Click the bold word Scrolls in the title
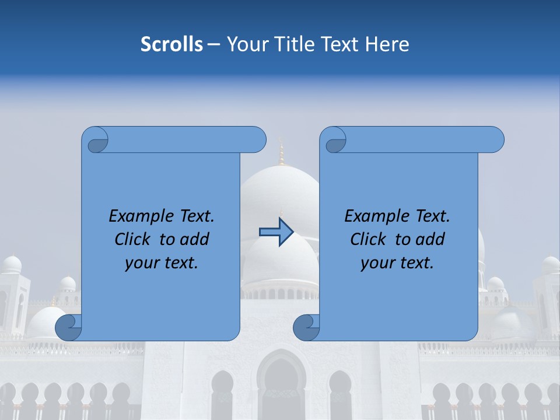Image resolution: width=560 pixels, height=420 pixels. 171,44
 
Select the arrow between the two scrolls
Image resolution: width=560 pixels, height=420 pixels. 276,232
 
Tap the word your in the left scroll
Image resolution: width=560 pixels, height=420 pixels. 141,263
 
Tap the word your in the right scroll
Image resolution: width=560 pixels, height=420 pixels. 377,263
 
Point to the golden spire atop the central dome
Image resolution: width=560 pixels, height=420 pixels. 282,153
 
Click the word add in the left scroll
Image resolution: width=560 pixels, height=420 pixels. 194,239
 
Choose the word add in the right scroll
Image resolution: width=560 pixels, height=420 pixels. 429,239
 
